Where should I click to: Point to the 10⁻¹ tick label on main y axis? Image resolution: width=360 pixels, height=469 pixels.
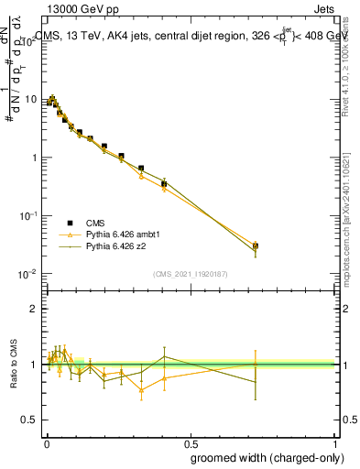click(x=28, y=215)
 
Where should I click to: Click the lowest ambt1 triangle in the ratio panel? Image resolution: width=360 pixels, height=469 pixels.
click(x=141, y=389)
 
